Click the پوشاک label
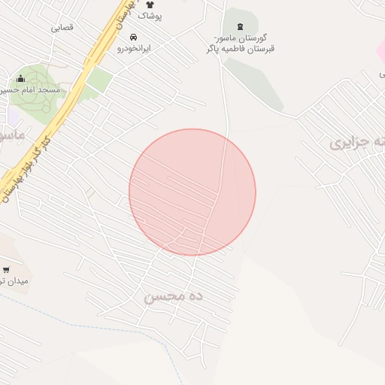coord(150,15)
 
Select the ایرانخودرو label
coord(135,47)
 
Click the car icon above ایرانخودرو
coord(134,37)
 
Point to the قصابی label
coord(62,27)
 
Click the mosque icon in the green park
coord(20,78)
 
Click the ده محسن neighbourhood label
coord(174,296)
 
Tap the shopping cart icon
coord(7,269)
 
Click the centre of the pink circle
coord(192,192)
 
